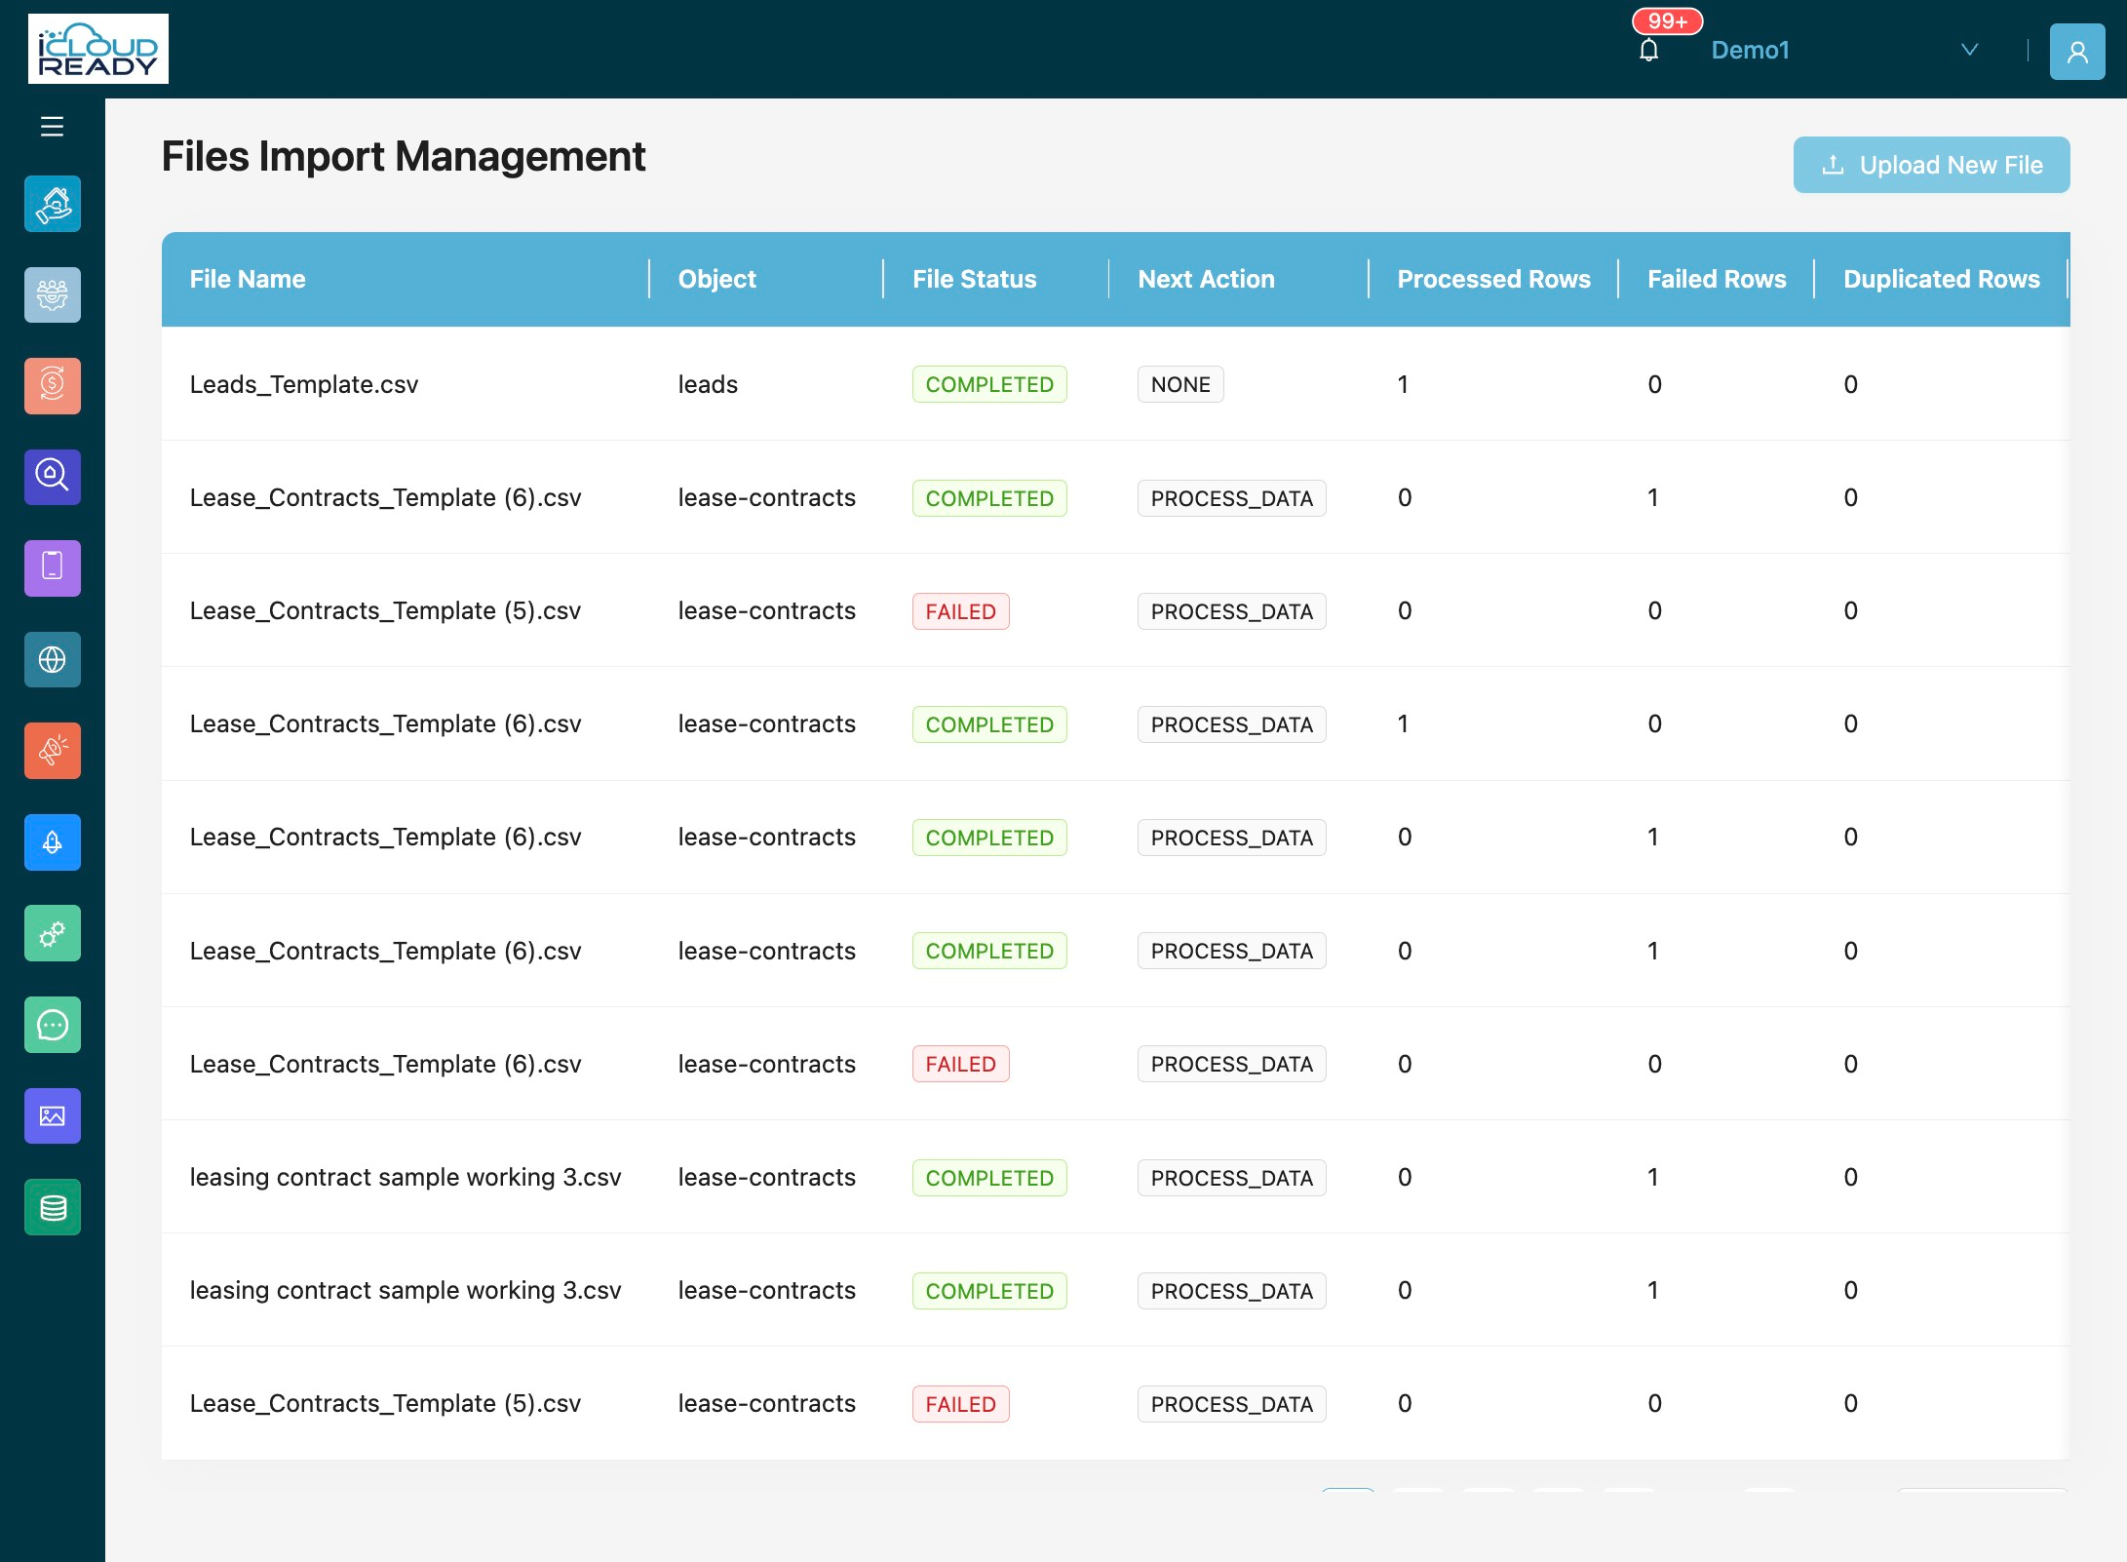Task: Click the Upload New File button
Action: point(1931,165)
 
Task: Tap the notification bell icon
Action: point(1648,50)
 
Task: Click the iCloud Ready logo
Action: point(98,49)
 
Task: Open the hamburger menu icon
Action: point(52,126)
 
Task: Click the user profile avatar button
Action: point(2077,52)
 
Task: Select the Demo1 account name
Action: point(1750,51)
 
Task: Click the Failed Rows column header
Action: point(1717,279)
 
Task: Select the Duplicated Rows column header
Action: point(1941,279)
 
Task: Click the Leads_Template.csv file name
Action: point(304,384)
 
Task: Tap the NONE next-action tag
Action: point(1180,384)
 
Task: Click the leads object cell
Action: point(708,384)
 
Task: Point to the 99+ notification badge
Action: point(1668,21)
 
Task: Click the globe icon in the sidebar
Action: point(53,660)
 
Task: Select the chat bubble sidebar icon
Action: point(53,1025)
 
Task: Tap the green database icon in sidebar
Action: point(53,1207)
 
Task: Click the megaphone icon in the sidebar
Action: point(53,751)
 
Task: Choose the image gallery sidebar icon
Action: point(53,1116)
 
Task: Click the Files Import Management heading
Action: point(404,156)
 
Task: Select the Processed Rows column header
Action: point(1493,279)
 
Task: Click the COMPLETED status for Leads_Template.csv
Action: point(989,384)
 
